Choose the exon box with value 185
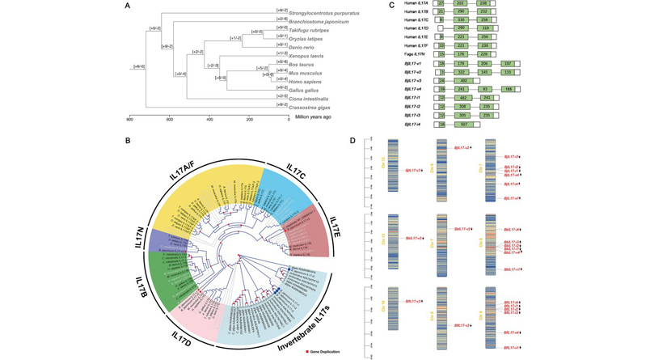pos(509,89)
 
